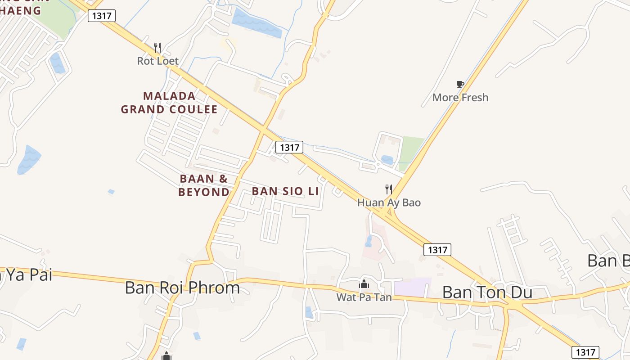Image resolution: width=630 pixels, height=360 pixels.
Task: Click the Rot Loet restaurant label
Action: [157, 61]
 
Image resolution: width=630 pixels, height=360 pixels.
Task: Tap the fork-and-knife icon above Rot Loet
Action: [157, 47]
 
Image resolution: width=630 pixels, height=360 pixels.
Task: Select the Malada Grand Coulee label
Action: [169, 103]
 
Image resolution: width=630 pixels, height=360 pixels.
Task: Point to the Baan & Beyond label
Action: [203, 185]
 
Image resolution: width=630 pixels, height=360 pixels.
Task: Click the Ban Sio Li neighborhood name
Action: [285, 191]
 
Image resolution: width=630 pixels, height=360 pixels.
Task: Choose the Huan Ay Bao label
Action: [389, 202]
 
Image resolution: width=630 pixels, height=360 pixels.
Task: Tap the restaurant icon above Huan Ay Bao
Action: [389, 189]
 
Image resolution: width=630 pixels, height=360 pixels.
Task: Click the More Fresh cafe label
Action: [460, 97]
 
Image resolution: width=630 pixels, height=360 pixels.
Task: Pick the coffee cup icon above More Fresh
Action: [460, 84]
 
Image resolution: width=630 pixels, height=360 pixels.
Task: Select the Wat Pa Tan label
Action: [364, 297]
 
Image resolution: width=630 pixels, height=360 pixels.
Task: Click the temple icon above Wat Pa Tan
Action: [364, 284]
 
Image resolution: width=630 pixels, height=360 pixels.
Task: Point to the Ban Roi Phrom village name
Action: [182, 288]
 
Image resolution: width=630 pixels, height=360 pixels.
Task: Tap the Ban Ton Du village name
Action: [487, 292]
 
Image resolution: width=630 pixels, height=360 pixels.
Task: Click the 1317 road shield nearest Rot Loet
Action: [102, 16]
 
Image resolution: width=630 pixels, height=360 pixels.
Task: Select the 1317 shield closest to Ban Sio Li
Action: [289, 147]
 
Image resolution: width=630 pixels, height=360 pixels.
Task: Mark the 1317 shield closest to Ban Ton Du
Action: [437, 250]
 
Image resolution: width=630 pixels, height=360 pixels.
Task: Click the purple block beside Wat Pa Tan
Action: [412, 287]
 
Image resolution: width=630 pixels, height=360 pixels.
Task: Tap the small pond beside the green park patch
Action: [387, 159]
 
